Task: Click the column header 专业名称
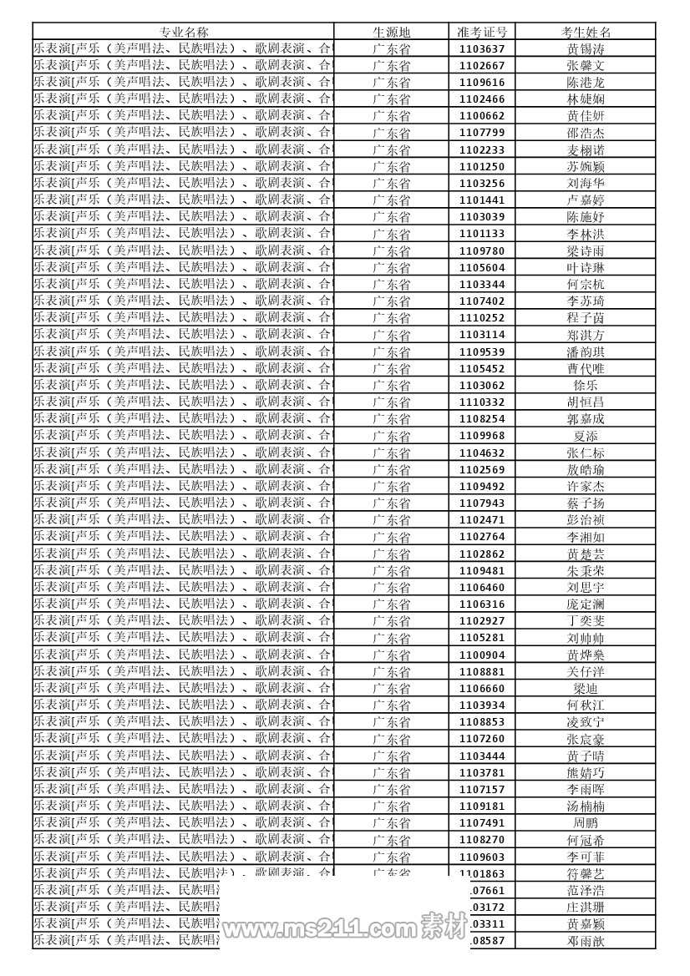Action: tap(184, 32)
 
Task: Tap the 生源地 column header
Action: tap(391, 32)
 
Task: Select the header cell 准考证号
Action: tap(482, 32)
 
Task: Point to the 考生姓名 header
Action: tap(586, 32)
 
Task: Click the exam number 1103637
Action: tap(482, 48)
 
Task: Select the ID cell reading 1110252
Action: tap(482, 318)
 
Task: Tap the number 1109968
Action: tap(482, 436)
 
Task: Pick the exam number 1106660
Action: tap(482, 689)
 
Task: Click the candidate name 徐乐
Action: tap(586, 386)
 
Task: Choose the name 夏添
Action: tap(586, 436)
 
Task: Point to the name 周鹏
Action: tap(586, 823)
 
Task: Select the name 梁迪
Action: tap(586, 689)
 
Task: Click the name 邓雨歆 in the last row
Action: tap(586, 941)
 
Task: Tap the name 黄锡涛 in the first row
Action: tap(586, 48)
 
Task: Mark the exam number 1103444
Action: tap(482, 756)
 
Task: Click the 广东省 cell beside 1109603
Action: tap(391, 857)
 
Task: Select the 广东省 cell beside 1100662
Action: tap(391, 116)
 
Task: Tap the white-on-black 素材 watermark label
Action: tap(444, 926)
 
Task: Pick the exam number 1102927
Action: tap(482, 621)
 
